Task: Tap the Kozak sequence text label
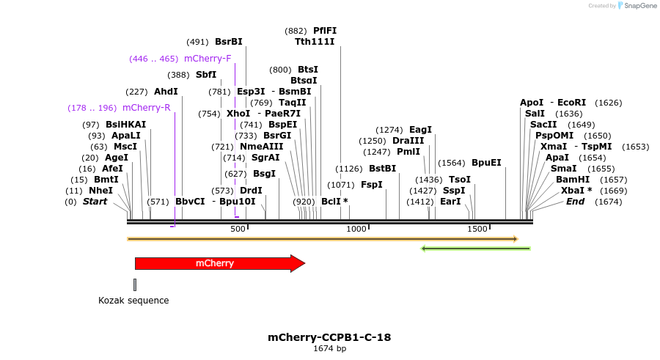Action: (133, 301)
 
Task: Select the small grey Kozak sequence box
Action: (135, 284)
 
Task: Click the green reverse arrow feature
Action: (475, 249)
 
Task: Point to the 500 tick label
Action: (238, 229)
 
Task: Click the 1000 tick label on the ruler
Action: (356, 229)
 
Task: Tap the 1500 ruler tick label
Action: (477, 229)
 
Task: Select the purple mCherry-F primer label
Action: (208, 59)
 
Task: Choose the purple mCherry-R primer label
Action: (147, 108)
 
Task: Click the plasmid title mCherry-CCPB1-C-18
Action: (329, 338)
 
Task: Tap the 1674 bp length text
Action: (329, 349)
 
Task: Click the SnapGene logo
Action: (635, 6)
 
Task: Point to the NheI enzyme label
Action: (101, 191)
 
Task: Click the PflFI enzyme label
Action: (325, 31)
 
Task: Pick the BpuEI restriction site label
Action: (486, 163)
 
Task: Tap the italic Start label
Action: (95, 202)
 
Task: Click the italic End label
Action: (575, 202)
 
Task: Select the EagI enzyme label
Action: (421, 130)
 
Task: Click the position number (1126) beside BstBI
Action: (350, 169)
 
